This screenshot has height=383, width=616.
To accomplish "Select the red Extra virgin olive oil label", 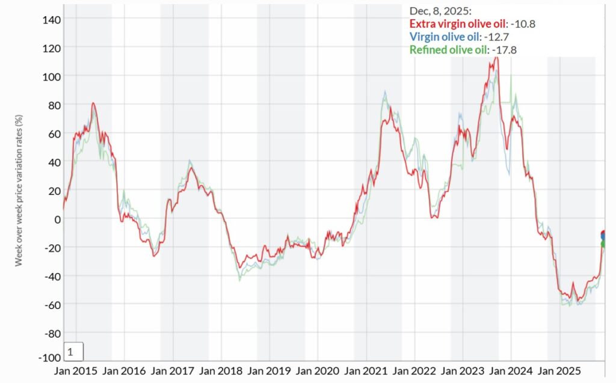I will click(x=457, y=24).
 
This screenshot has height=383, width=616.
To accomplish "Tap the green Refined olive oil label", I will click(x=449, y=49).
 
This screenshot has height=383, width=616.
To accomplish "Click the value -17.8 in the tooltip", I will click(x=505, y=49).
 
